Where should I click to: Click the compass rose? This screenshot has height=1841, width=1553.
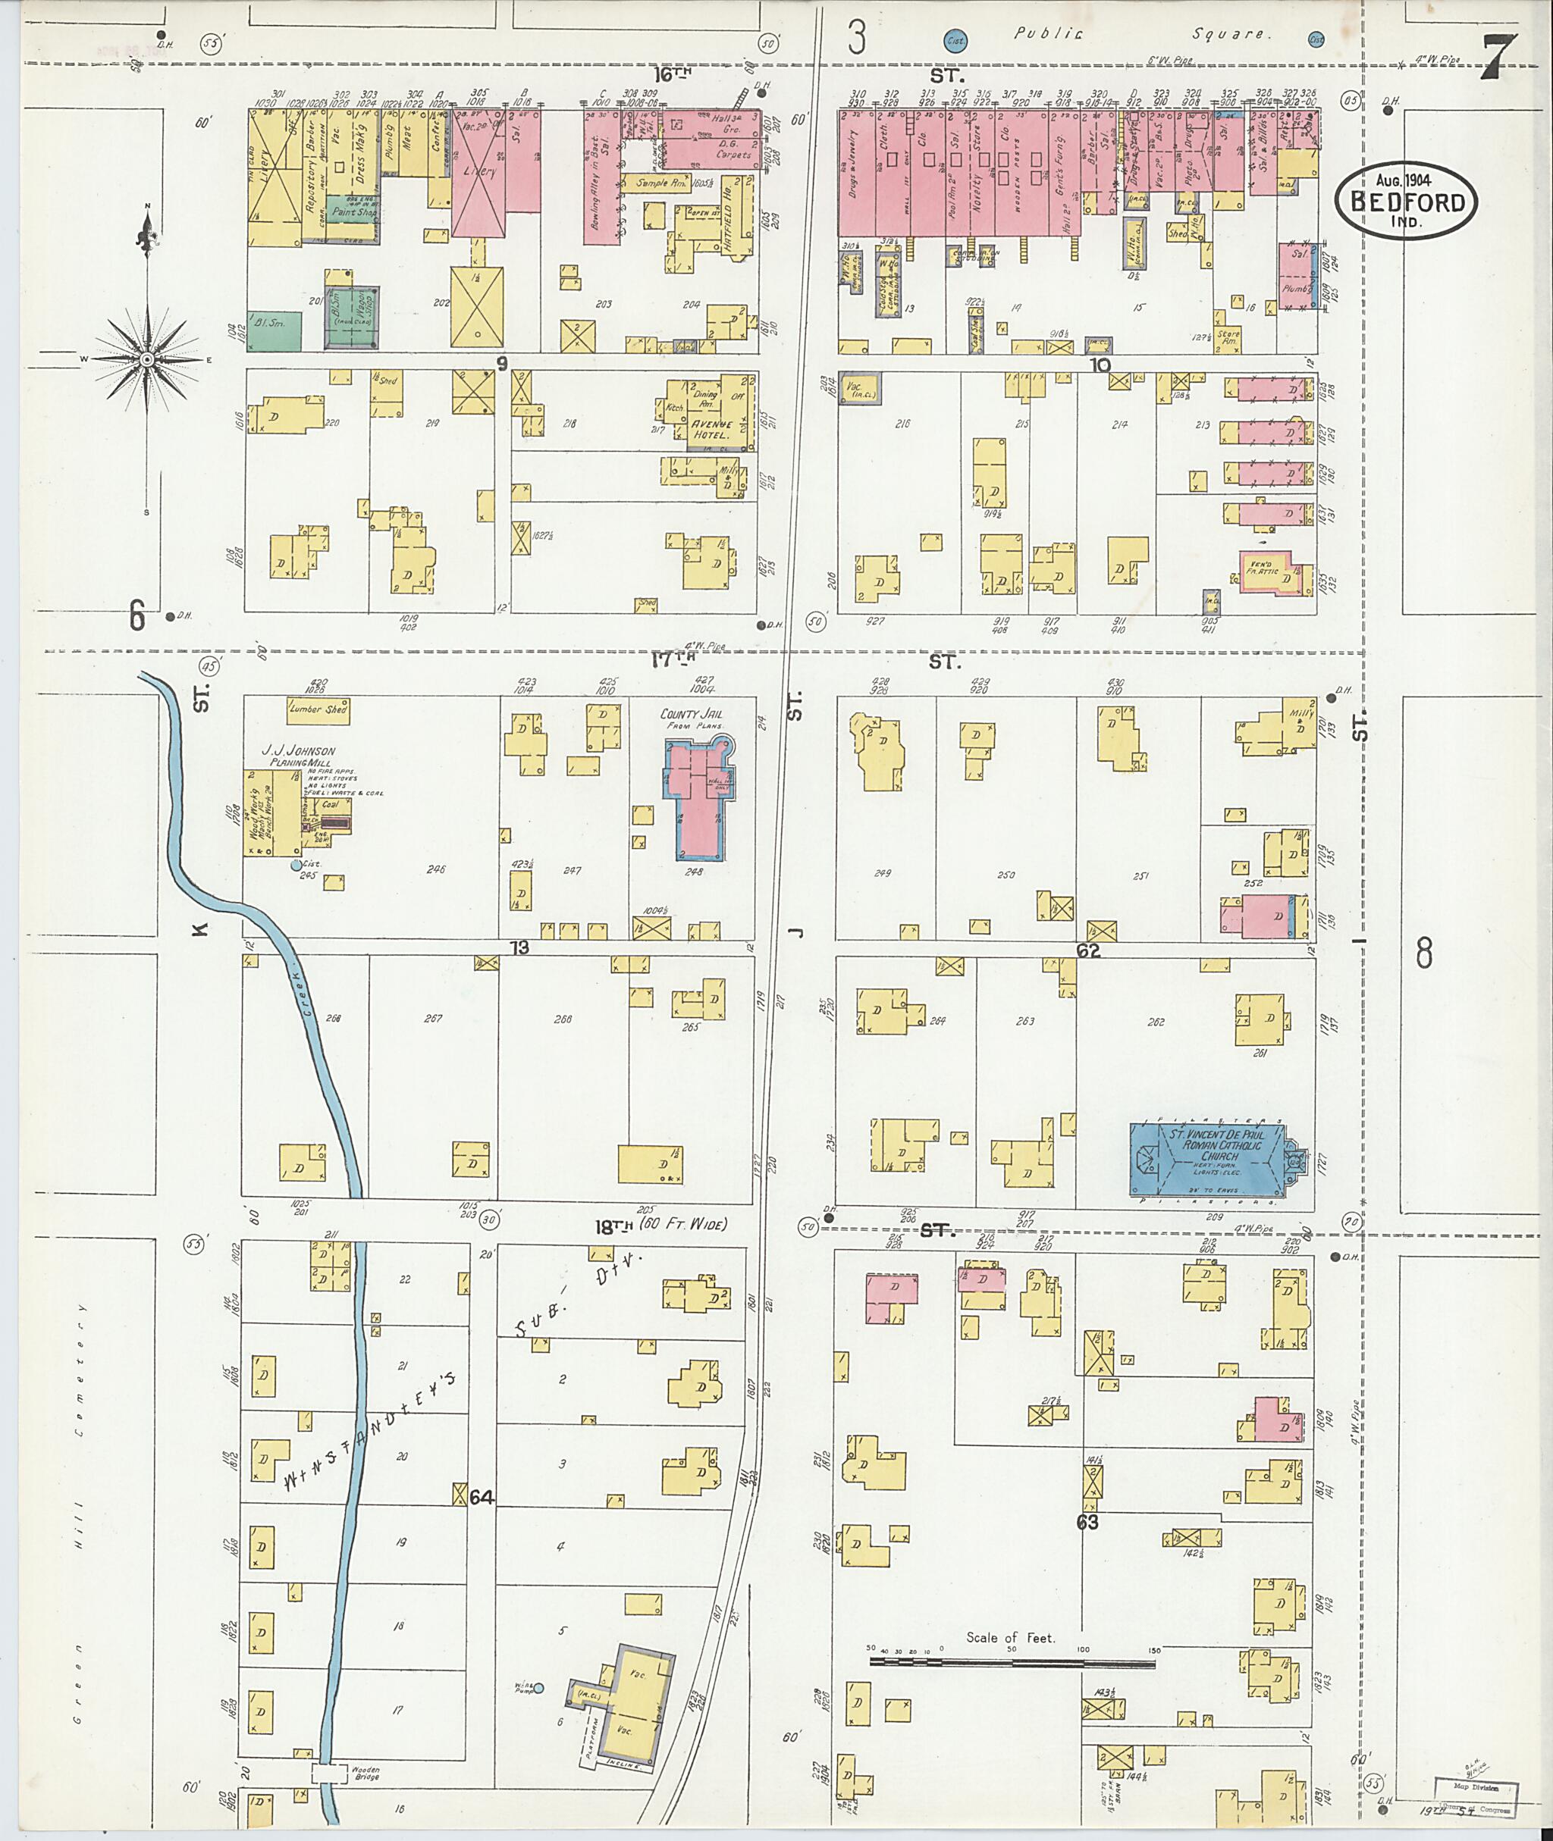click(147, 360)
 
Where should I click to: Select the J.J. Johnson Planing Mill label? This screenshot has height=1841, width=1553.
click(297, 757)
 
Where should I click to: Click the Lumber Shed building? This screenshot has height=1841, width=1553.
click(318, 709)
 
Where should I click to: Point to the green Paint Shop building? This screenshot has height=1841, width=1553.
click(355, 211)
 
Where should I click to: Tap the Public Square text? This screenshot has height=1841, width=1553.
click(1143, 35)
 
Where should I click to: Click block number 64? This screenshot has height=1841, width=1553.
click(482, 1496)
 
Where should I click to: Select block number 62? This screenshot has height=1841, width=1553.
click(1088, 951)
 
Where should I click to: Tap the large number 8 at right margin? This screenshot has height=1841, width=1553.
click(1423, 953)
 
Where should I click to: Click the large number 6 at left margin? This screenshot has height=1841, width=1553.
click(137, 615)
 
